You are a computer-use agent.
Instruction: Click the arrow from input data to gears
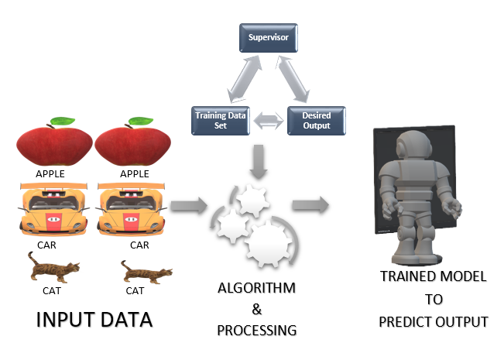tap(189, 206)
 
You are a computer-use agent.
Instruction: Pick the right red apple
tap(131, 146)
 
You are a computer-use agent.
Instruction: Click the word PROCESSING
tap(256, 330)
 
